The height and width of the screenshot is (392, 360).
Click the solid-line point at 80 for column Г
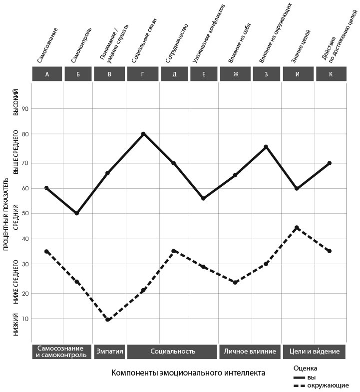click(143, 134)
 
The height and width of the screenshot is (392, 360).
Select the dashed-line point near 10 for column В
click(108, 320)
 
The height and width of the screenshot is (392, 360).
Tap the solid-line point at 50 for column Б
click(77, 213)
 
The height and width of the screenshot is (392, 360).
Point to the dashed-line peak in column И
click(297, 228)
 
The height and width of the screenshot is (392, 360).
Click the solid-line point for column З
click(266, 147)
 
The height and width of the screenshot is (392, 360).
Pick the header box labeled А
click(47, 74)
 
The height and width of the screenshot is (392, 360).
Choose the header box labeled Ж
click(236, 74)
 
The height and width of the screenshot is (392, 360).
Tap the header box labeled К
click(331, 74)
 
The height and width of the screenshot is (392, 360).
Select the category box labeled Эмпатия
click(109, 351)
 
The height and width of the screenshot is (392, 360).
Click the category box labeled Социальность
click(172, 351)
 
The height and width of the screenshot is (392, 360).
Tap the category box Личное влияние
click(250, 351)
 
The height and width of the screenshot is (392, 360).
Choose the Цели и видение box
click(314, 351)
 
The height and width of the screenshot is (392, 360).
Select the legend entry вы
click(311, 377)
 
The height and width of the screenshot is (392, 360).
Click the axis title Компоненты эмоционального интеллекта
click(188, 373)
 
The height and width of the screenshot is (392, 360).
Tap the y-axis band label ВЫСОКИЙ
click(15, 102)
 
